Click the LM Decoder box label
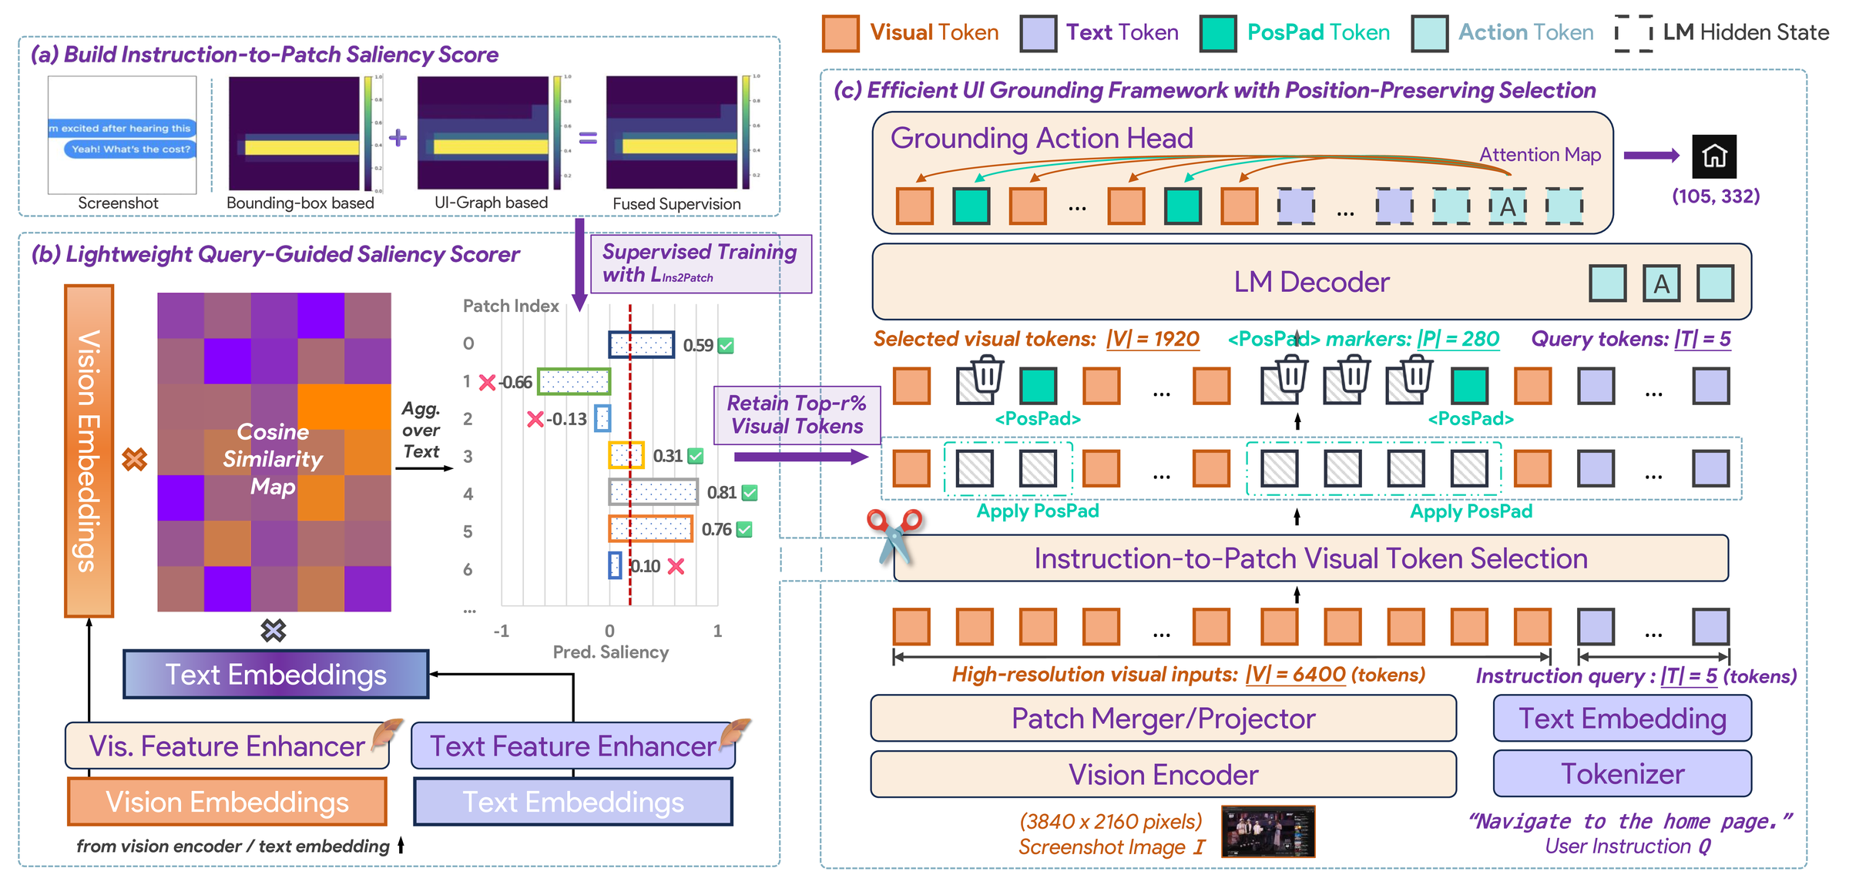1310,283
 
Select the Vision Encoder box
1163,775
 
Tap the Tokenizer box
1622,774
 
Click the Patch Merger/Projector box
1163,719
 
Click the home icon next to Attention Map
1713,156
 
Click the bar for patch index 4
653,492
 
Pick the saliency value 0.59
698,346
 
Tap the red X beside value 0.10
676,567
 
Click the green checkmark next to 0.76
744,530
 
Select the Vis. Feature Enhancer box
227,746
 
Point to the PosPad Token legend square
1218,34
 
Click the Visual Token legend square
841,34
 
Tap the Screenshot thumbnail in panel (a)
122,136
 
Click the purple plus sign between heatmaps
398,138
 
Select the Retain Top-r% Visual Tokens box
797,415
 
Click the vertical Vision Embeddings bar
89,451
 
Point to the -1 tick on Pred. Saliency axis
502,631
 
